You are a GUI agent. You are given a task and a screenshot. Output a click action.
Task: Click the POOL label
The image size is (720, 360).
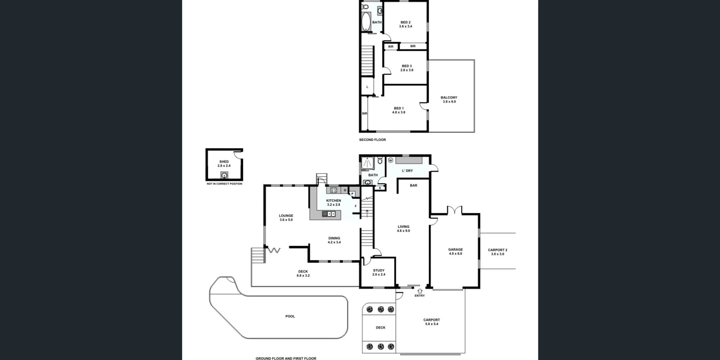290,316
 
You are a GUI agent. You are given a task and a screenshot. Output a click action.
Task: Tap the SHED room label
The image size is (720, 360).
224,162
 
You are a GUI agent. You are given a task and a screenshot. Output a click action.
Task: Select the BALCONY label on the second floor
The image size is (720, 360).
449,97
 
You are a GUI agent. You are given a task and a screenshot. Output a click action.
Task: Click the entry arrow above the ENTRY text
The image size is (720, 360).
420,291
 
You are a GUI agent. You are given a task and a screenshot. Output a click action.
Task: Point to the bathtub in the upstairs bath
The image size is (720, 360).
366,21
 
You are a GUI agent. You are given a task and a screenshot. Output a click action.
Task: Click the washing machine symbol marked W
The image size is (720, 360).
390,160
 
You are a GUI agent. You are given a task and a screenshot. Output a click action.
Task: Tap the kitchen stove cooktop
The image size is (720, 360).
333,190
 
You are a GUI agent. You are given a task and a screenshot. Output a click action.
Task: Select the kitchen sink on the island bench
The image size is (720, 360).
329,214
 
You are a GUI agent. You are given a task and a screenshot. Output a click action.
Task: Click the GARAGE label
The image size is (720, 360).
455,249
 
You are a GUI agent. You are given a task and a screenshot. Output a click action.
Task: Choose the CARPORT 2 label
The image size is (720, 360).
498,250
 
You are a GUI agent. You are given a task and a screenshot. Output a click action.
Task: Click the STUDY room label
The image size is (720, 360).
379,270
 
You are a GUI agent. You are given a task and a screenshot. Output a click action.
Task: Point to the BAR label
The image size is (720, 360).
414,185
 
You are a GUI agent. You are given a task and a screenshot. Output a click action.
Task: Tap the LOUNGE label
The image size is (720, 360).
286,216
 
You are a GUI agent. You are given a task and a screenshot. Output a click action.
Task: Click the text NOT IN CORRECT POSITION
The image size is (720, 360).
225,184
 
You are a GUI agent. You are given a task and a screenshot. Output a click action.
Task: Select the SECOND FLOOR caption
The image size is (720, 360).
372,140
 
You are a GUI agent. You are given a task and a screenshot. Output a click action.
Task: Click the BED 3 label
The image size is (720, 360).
407,66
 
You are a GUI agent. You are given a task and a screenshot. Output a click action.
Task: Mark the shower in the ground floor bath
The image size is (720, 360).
367,163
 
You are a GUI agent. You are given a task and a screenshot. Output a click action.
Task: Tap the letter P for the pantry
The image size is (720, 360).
352,193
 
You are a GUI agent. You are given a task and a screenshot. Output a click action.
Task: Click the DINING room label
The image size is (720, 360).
334,238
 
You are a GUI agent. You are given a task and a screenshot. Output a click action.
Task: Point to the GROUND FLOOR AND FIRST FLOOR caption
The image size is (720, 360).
286,358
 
